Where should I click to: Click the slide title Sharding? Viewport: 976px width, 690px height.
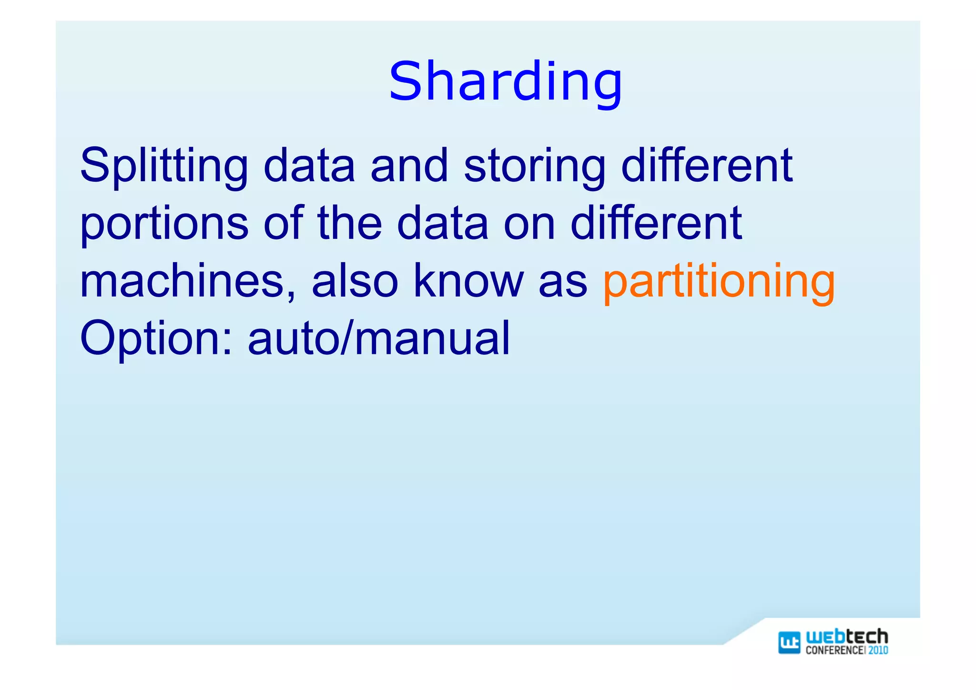click(505, 82)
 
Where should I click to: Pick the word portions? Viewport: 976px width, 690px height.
click(164, 224)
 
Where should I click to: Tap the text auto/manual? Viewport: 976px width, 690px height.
click(379, 338)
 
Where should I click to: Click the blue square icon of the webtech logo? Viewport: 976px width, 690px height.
click(789, 642)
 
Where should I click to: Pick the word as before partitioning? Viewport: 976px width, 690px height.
click(563, 281)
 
